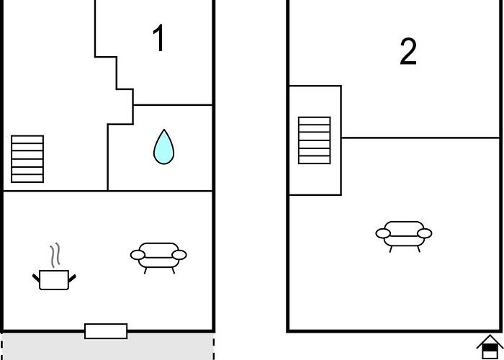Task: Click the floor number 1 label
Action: pos(159,38)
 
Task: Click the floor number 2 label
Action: pos(408,52)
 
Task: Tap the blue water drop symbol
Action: pos(163,147)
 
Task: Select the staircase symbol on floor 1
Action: pos(27,159)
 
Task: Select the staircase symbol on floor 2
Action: pos(315,140)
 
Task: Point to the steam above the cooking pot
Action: pos(55,255)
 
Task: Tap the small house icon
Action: pos(490,347)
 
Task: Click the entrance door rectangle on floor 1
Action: pos(106,331)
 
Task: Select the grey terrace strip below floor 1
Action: pos(108,346)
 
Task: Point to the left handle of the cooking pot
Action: pos(36,278)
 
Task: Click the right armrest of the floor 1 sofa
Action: pos(179,255)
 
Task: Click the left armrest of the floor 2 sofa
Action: pos(383,233)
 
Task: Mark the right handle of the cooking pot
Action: pos(72,279)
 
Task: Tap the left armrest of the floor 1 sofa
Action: pos(138,255)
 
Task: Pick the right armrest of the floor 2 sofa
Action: pos(425,233)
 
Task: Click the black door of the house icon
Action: pos(490,348)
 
